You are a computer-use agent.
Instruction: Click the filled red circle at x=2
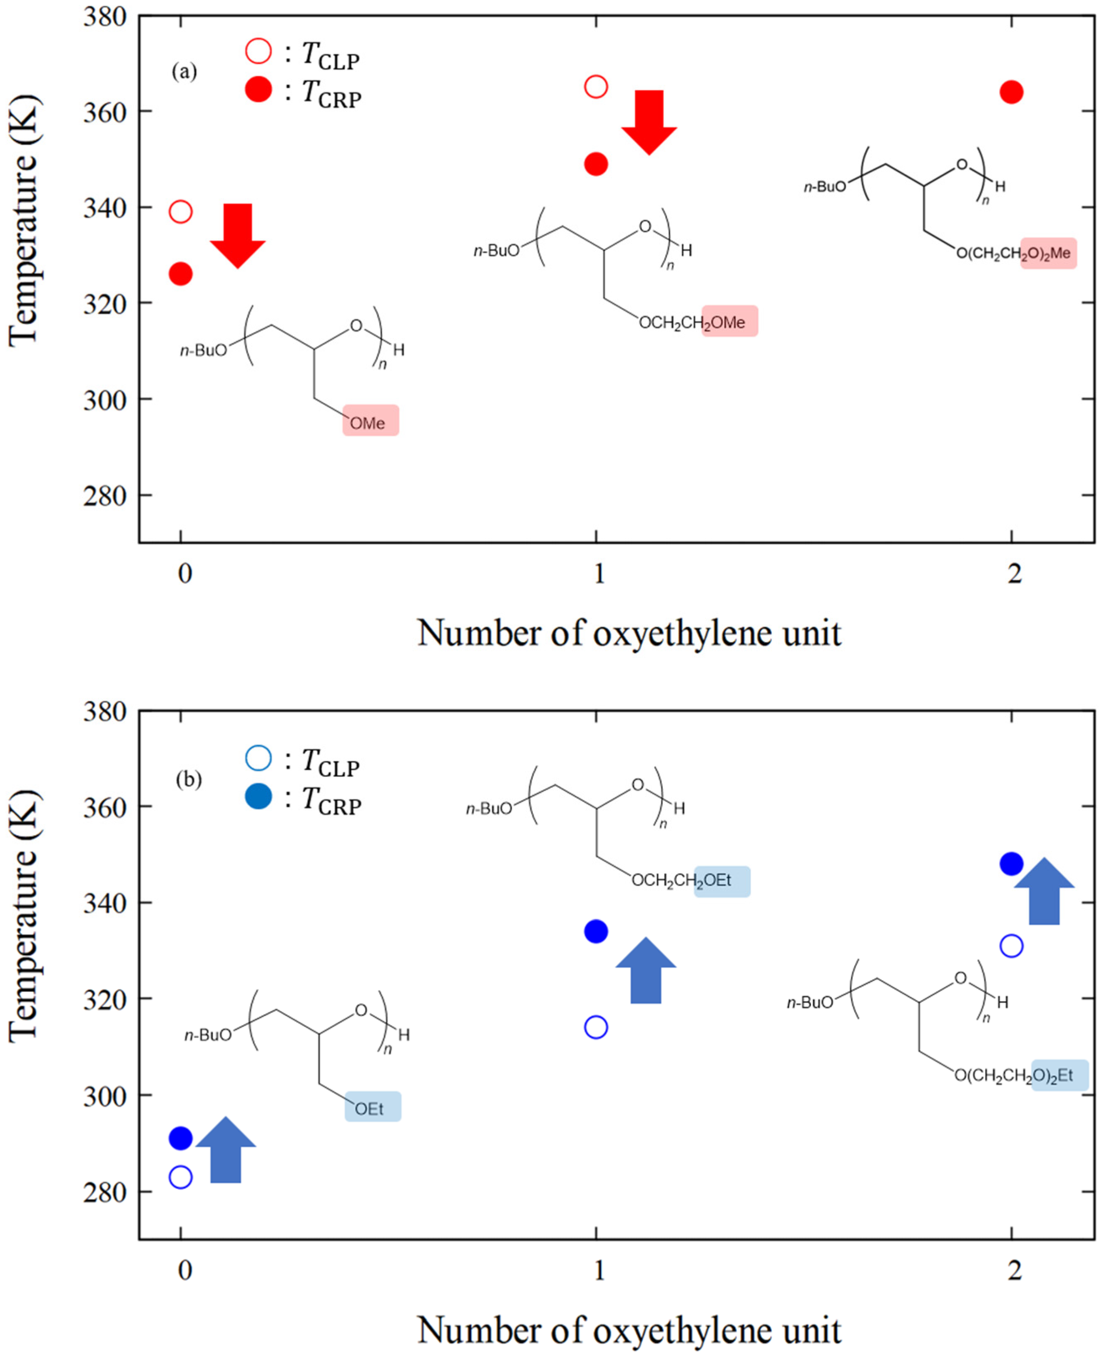[1011, 92]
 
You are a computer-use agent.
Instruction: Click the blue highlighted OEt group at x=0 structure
[373, 1109]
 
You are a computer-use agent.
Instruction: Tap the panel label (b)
[189, 779]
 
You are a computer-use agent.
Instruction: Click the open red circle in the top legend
[259, 51]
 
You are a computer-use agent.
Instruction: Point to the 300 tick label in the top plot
[105, 400]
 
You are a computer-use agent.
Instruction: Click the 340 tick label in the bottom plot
[105, 902]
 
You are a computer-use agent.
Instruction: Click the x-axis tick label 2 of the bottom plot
[1015, 1270]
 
